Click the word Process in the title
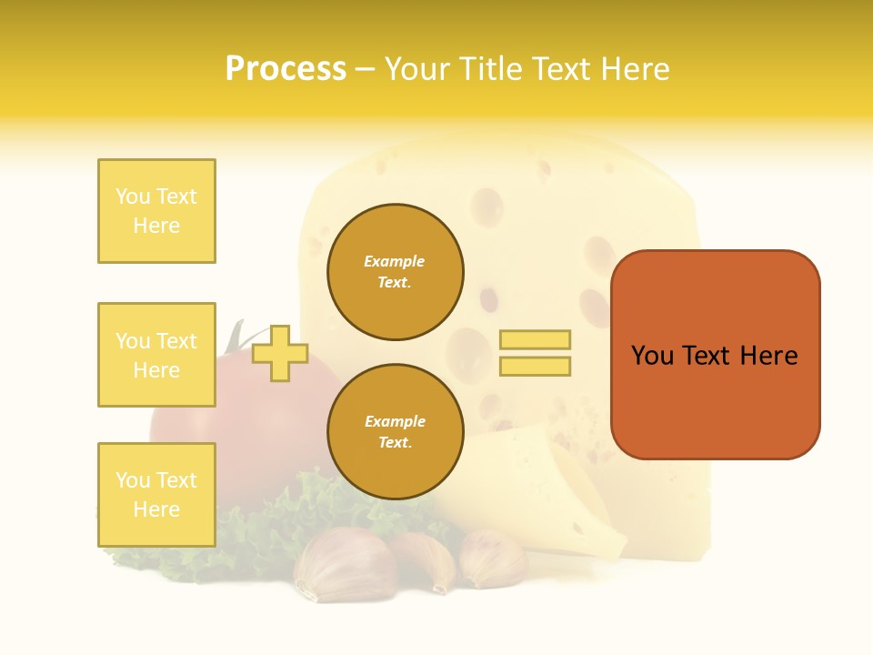point(286,69)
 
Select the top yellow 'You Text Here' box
point(156,211)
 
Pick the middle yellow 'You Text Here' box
point(156,355)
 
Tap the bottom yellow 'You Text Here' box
point(156,495)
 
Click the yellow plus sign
point(280,353)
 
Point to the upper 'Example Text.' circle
point(395,272)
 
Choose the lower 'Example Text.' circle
point(395,432)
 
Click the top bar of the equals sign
point(535,339)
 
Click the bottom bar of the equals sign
point(535,366)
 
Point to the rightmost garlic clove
point(493,557)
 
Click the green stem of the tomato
point(235,337)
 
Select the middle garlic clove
point(426,557)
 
